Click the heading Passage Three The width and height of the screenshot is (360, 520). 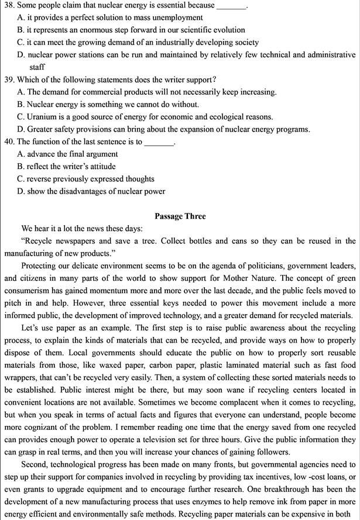tap(180, 216)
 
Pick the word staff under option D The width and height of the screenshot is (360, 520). tap(37, 67)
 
